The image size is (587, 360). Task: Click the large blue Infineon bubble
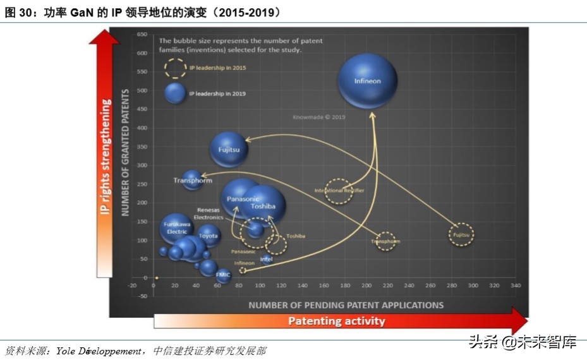367,80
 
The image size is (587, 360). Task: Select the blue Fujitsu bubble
229,150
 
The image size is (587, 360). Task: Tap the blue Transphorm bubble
193,181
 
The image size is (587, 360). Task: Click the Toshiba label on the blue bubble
263,206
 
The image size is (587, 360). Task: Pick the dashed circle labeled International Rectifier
339,190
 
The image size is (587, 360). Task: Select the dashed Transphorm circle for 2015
385,241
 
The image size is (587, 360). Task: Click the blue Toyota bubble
209,236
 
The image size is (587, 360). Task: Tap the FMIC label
223,275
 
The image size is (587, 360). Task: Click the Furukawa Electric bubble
176,228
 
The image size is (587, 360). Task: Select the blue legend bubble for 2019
175,93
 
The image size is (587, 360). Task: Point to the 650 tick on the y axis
142,35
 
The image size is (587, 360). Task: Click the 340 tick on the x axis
515,285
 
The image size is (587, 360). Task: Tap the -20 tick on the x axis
132,285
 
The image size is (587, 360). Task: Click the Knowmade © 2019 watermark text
318,117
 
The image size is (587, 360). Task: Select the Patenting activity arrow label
336,321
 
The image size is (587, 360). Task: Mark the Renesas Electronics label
208,213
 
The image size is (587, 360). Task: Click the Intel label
267,259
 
